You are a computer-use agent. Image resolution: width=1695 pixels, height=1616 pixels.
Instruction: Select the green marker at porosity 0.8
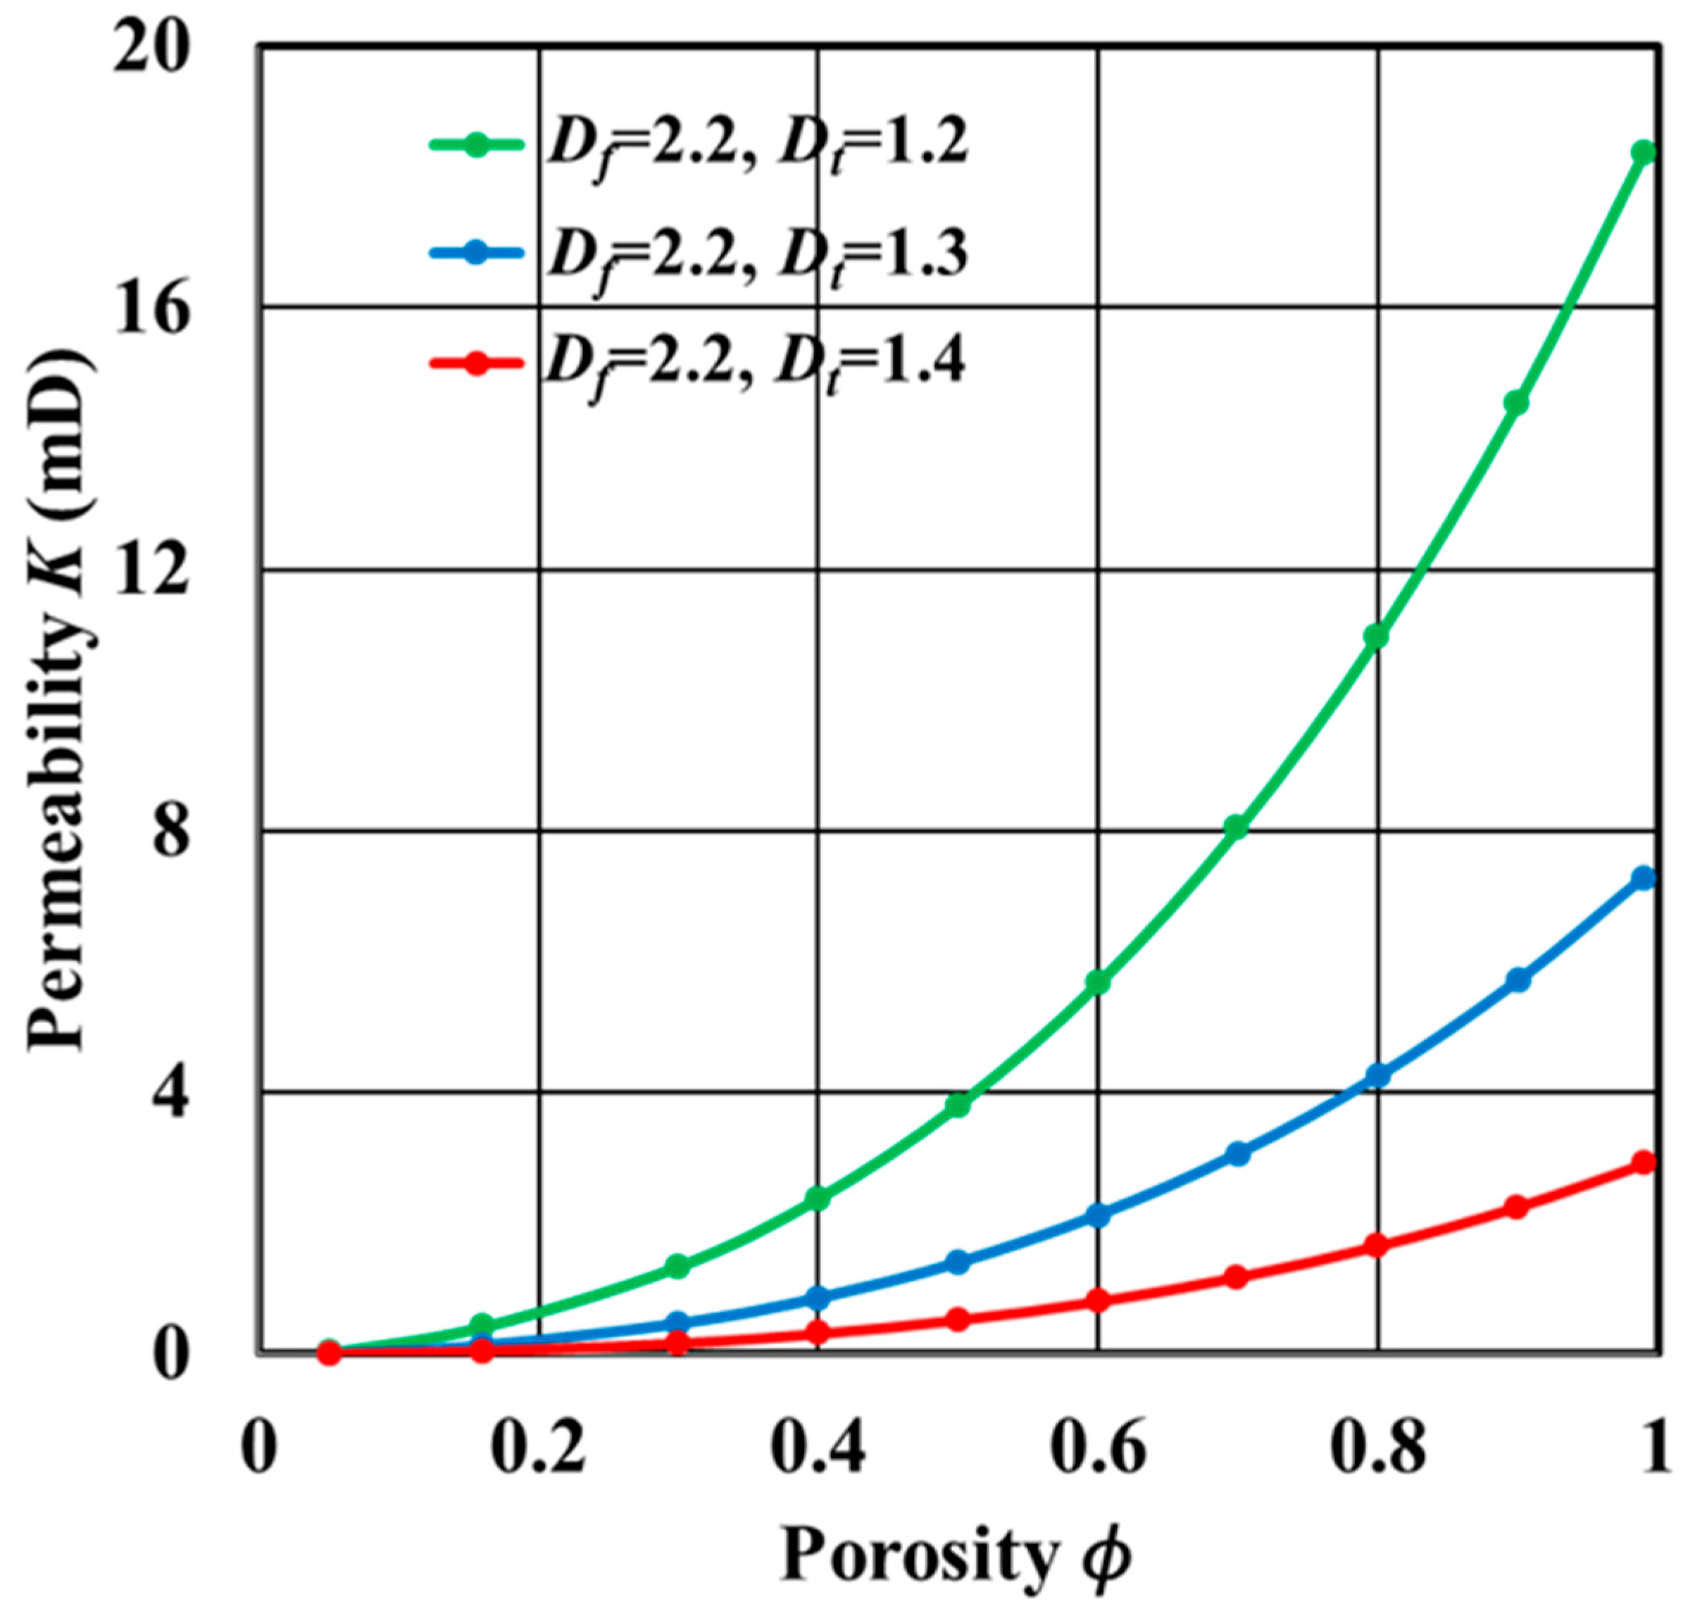point(1376,637)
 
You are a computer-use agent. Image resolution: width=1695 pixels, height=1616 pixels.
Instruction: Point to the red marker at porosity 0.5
point(958,1319)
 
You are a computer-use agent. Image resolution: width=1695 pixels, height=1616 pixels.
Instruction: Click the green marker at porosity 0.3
point(678,1265)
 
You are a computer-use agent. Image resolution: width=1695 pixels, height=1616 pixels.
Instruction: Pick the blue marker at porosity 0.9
point(1518,979)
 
